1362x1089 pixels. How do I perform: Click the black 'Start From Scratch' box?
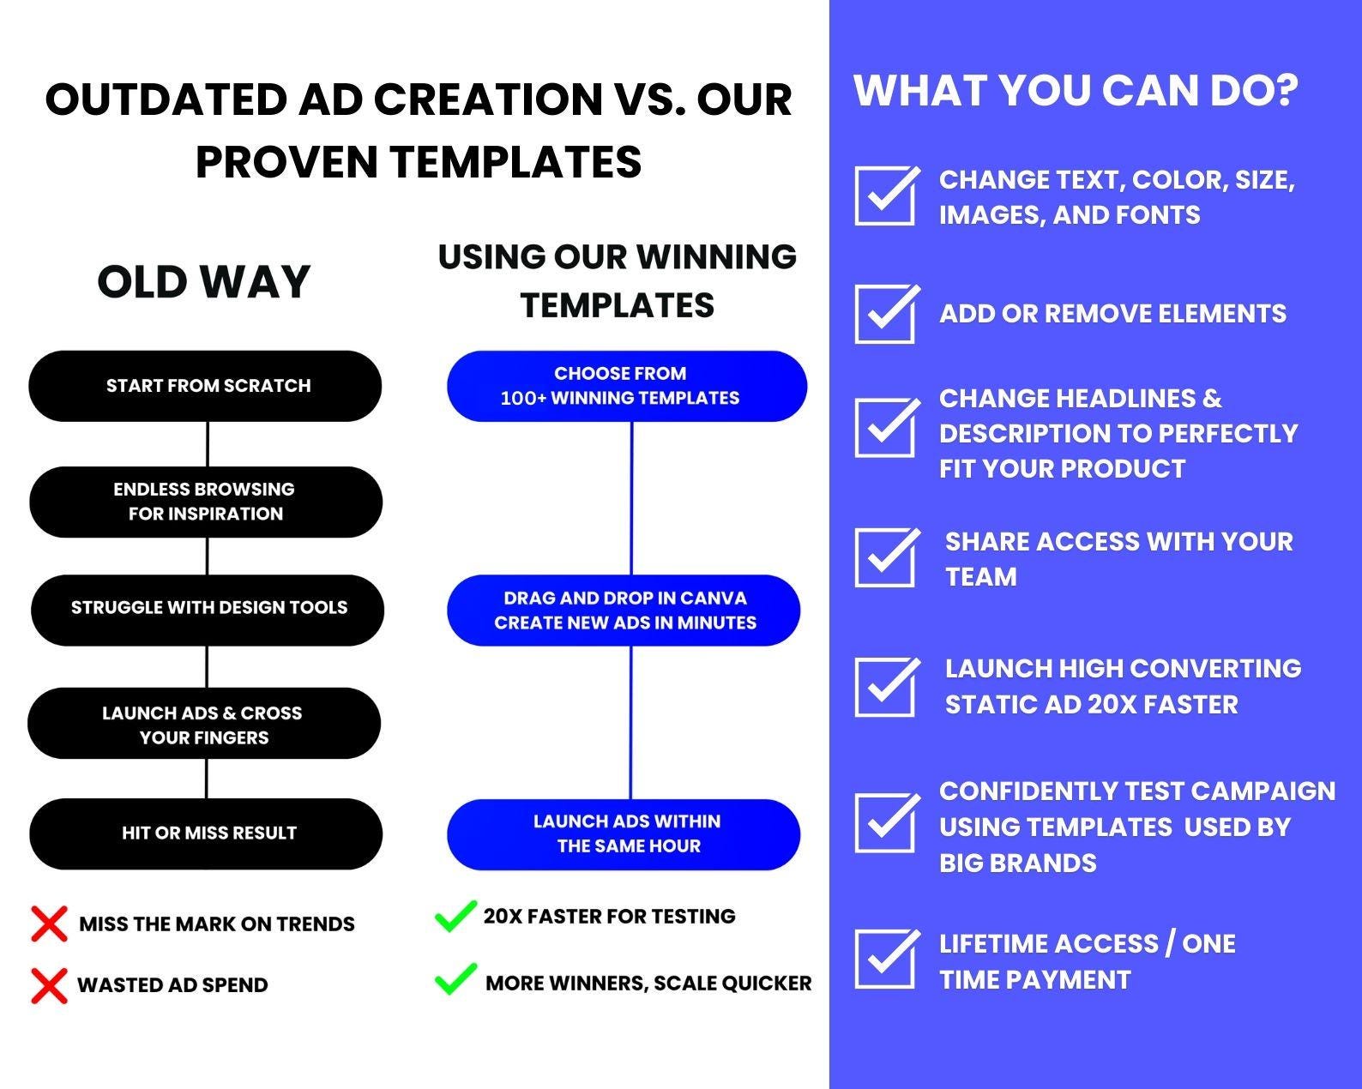[x=206, y=386]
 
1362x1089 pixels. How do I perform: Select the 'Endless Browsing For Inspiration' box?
[x=206, y=502]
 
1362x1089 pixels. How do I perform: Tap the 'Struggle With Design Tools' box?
[x=208, y=610]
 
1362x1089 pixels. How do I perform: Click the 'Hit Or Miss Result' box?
[x=206, y=833]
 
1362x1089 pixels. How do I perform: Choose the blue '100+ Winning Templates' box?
[x=626, y=386]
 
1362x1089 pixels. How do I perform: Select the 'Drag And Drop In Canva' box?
[x=624, y=610]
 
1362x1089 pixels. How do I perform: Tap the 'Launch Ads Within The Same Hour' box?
[x=624, y=834]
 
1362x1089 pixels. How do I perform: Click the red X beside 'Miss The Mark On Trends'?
[x=49, y=924]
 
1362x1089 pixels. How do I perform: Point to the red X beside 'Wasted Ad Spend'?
[x=49, y=985]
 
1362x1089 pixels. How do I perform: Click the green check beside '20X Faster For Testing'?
[x=455, y=917]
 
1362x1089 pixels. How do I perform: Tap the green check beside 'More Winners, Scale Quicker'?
[x=455, y=979]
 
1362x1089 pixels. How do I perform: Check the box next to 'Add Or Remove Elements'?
[x=886, y=314]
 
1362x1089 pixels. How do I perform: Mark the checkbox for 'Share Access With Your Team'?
[x=886, y=557]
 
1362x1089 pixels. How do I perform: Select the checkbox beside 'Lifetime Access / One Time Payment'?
[x=886, y=958]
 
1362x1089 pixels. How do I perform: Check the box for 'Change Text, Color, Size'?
[x=886, y=196]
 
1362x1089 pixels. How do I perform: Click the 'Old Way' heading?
[x=203, y=281]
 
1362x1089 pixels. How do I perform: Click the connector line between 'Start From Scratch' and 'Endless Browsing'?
[x=208, y=443]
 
